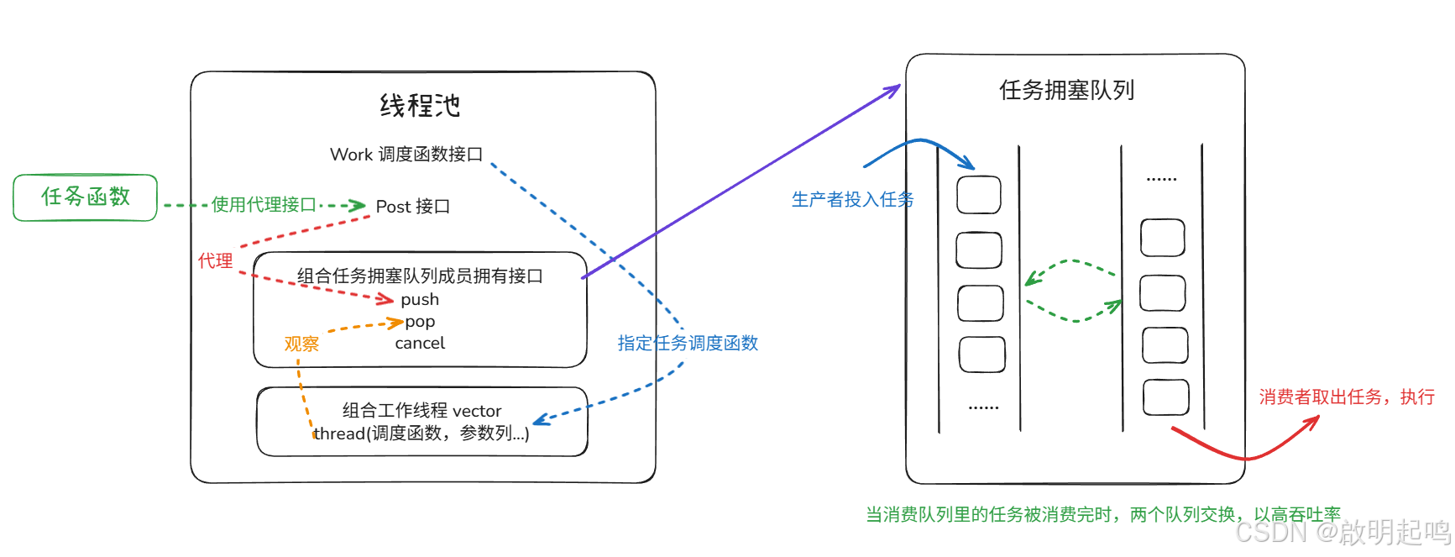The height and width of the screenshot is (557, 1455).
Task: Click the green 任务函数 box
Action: (85, 197)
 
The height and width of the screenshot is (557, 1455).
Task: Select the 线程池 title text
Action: (420, 106)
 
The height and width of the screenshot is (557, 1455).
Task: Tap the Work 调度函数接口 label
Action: (406, 155)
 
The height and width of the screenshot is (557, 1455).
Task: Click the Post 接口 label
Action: (412, 207)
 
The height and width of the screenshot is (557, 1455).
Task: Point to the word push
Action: (420, 300)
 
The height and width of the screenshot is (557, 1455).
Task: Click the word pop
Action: (420, 322)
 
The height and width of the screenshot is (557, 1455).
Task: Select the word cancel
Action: (420, 343)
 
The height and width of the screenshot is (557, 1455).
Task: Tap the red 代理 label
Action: (215, 261)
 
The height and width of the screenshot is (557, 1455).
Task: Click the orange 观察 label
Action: (301, 344)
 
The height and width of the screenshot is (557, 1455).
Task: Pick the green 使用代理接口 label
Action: (264, 205)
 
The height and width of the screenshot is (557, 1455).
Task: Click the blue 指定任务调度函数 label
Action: (688, 343)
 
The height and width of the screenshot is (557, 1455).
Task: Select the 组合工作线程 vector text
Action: (421, 411)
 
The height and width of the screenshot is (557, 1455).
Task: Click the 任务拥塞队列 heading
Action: (1066, 90)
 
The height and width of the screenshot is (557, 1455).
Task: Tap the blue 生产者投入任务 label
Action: (852, 199)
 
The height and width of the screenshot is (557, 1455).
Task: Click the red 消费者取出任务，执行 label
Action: (1346, 397)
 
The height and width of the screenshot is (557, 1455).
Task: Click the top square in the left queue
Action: (979, 195)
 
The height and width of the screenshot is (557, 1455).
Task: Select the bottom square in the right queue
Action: (1165, 397)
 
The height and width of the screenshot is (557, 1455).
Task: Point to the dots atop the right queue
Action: (1161, 179)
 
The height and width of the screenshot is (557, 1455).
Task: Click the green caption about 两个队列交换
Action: (1102, 514)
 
